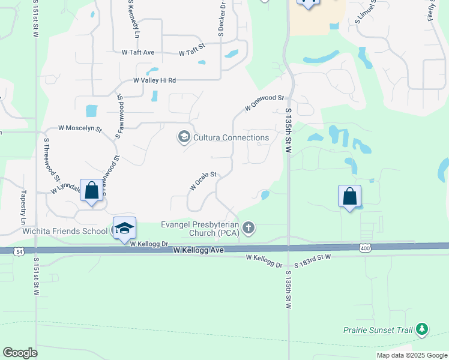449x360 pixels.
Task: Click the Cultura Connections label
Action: (231, 137)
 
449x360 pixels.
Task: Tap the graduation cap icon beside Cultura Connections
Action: (184, 137)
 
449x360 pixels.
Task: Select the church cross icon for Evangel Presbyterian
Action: (249, 228)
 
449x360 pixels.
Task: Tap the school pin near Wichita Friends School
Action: (124, 229)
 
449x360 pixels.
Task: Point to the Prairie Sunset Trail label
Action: (379, 329)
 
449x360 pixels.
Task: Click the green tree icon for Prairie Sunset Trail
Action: (423, 329)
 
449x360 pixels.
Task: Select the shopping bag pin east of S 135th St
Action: (350, 197)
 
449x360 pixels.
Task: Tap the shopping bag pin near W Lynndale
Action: (91, 192)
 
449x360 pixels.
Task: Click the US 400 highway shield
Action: (366, 247)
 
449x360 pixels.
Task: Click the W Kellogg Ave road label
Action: (198, 249)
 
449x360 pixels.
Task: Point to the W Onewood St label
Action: (264, 103)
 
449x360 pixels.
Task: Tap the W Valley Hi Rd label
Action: (154, 80)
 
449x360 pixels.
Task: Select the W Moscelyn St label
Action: (80, 128)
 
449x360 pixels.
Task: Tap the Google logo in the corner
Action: (20, 353)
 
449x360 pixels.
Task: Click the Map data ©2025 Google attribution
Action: (412, 355)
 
